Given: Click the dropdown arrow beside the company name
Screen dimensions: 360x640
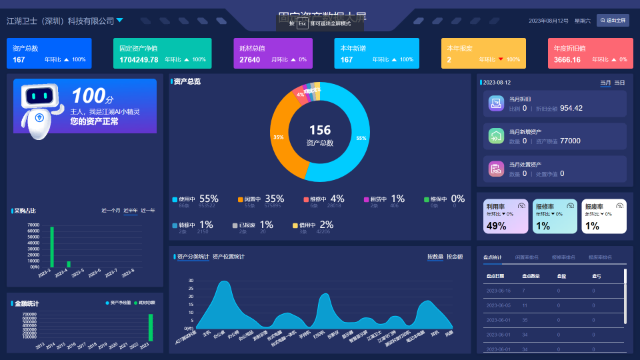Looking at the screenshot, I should (119, 20).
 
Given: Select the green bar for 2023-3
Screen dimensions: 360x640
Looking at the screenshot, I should (51, 247).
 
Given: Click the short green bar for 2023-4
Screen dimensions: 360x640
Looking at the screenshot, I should (68, 264).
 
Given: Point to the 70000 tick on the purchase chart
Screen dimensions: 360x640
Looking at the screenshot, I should (33, 225).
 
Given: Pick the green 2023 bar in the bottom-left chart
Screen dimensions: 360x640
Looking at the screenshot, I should (151, 327).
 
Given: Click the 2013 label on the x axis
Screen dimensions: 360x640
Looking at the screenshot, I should (40, 346).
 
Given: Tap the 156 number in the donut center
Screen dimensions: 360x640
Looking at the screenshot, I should (319, 130).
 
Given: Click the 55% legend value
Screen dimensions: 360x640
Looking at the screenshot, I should (209, 199).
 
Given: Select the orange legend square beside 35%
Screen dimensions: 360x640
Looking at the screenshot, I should (241, 199).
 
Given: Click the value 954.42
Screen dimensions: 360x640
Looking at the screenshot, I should (571, 108).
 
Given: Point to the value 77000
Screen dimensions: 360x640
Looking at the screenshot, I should (570, 141).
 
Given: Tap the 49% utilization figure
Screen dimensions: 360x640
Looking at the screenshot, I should (496, 226).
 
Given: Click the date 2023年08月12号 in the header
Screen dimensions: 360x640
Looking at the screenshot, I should (549, 21).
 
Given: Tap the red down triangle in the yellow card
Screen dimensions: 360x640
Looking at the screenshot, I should (501, 59).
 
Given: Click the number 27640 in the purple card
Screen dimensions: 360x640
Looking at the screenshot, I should (250, 59).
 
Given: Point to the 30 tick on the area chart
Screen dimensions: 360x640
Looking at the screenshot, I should (191, 281).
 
